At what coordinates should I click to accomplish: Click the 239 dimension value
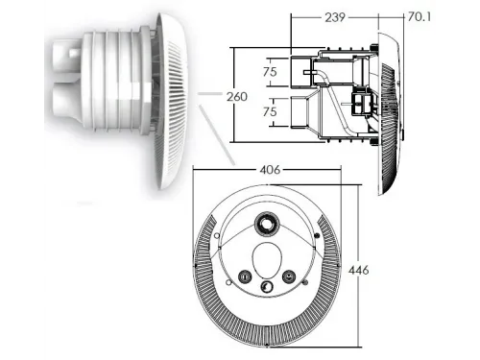(x=335, y=17)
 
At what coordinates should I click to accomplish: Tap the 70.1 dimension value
(x=420, y=16)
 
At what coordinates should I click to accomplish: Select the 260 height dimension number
(x=237, y=96)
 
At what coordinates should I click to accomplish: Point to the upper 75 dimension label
(x=270, y=72)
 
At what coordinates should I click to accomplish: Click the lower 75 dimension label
(x=270, y=111)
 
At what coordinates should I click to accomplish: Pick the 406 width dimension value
(x=270, y=170)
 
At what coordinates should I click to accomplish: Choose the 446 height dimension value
(x=358, y=271)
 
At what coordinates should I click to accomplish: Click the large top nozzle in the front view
(x=266, y=224)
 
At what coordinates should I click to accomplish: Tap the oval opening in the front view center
(x=267, y=260)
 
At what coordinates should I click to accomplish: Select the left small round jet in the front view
(x=245, y=276)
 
